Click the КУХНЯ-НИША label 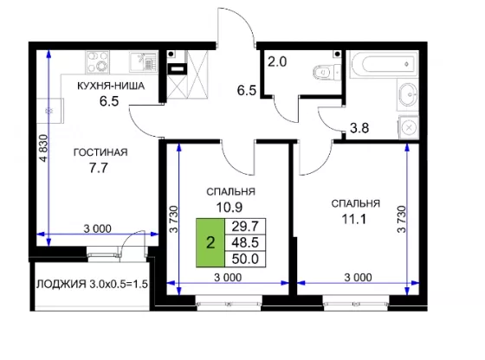tap(111, 86)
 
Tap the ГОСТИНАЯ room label tap(100, 152)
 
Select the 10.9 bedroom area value tap(229, 208)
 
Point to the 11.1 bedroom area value tap(353, 220)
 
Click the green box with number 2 tap(210, 242)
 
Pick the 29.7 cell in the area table tap(245, 227)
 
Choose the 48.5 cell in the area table tap(245, 242)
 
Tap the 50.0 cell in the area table tap(245, 259)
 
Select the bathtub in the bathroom tap(385, 64)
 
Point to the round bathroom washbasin tap(408, 94)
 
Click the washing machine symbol tap(408, 127)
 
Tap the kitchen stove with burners tap(97, 62)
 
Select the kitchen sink tap(143, 61)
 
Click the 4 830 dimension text tap(44, 148)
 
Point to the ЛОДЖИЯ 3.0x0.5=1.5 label tap(92, 284)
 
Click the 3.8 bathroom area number tap(359, 127)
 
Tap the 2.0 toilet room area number tap(277, 61)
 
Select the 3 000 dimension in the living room tap(97, 228)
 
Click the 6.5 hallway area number tap(247, 90)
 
